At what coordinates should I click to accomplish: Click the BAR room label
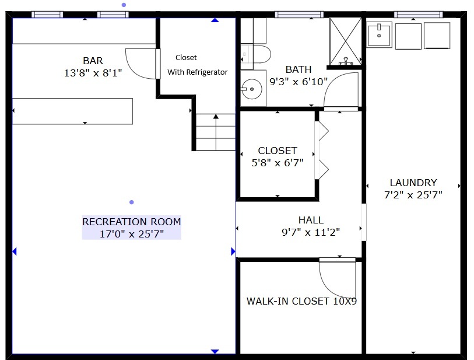[x=93, y=61]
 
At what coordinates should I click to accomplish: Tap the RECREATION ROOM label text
[x=132, y=222]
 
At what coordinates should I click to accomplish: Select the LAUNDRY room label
[x=413, y=183]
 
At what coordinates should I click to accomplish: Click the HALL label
[x=311, y=220]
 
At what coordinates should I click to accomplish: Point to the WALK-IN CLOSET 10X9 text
[x=301, y=301]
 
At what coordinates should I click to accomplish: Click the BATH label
[x=299, y=69]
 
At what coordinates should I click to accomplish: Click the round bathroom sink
[x=251, y=89]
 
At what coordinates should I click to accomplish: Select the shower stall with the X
[x=345, y=41]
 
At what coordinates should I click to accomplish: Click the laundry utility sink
[x=379, y=35]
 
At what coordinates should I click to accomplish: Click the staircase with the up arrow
[x=216, y=132]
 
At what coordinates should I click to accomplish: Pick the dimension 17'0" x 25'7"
[x=132, y=234]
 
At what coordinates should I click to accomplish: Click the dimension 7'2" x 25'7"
[x=413, y=195]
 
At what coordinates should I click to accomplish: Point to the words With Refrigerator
[x=198, y=72]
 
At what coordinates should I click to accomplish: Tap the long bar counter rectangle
[x=72, y=111]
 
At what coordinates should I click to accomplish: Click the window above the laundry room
[x=419, y=14]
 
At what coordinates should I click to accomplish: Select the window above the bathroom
[x=299, y=14]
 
